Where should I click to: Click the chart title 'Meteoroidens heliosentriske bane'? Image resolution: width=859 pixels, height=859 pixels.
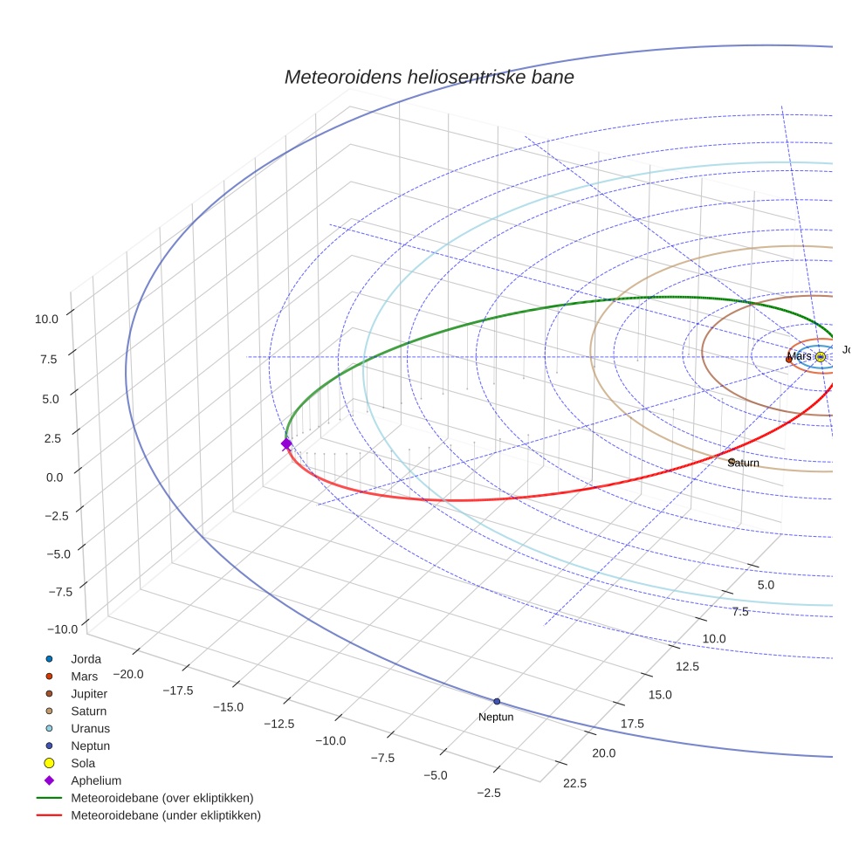click(429, 77)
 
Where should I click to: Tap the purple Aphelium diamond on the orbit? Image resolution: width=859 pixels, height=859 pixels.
click(286, 444)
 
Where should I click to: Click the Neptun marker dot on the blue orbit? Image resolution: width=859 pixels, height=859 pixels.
click(497, 701)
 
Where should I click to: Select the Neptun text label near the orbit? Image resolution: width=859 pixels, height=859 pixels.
click(496, 717)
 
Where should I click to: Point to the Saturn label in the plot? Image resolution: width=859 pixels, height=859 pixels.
click(744, 463)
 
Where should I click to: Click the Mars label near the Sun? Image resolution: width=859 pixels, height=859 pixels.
click(799, 356)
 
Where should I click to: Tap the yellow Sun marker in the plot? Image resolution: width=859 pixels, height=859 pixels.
click(820, 356)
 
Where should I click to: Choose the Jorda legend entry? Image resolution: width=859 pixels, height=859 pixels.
click(86, 658)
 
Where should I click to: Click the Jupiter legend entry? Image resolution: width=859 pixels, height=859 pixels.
click(90, 693)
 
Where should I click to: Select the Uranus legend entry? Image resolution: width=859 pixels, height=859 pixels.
click(90, 728)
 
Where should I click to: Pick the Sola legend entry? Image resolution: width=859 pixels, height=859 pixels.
click(83, 763)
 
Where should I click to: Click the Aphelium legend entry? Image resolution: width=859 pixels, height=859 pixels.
click(95, 780)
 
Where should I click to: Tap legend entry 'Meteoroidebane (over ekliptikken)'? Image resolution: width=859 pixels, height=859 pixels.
click(161, 798)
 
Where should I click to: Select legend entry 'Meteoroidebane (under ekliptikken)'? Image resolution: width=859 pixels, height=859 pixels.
click(165, 815)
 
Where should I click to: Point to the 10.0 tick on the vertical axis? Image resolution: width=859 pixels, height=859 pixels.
click(47, 320)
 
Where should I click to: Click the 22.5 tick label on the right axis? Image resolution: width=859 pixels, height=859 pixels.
click(574, 783)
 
